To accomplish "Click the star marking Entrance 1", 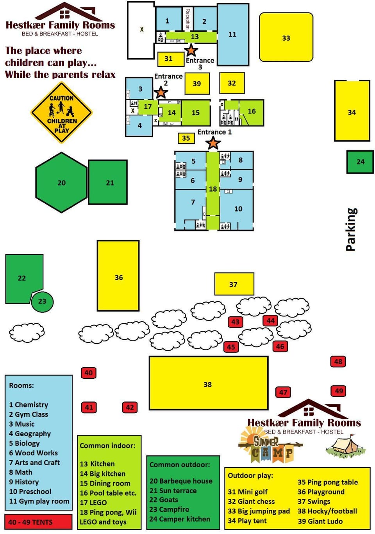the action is tap(213, 143).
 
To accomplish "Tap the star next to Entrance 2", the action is tap(161, 92).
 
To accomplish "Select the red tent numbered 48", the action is tap(338, 362).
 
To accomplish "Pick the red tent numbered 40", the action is tap(89, 373).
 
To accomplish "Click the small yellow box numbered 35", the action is tap(186, 138).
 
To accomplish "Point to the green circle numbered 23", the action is tap(42, 301).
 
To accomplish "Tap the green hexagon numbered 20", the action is tap(61, 183).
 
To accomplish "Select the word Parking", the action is tap(351, 229).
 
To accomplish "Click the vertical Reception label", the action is tap(188, 19).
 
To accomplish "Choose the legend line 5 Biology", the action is tap(24, 443).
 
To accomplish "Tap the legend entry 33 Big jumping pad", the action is tap(259, 511).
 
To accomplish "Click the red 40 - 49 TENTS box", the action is tap(38, 522).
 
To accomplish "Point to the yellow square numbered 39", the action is tap(197, 84).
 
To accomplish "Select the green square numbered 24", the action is tap(360, 162).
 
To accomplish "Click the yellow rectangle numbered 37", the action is tap(234, 284).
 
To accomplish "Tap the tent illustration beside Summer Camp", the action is tap(346, 446).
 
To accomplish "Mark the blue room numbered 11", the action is tap(233, 34).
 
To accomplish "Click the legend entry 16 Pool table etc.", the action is tap(108, 493).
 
